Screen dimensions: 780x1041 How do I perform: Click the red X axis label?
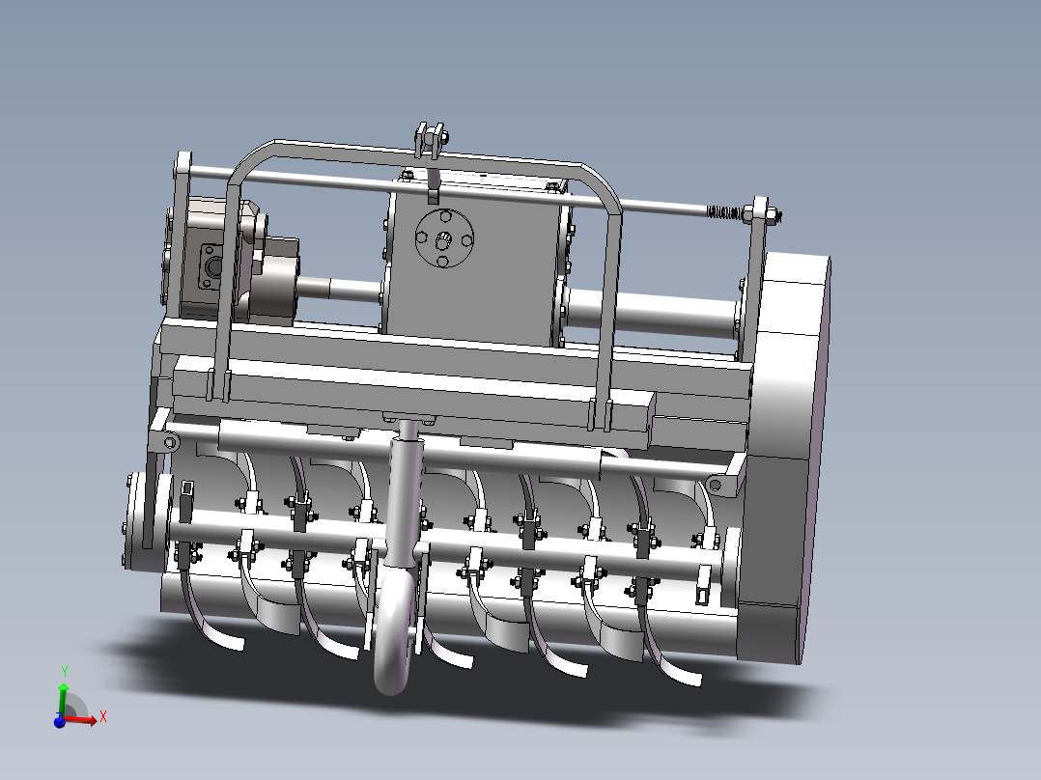pyautogui.click(x=102, y=715)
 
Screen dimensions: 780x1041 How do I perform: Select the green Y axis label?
pyautogui.click(x=64, y=669)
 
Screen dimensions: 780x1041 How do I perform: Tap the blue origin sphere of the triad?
pyautogui.click(x=59, y=721)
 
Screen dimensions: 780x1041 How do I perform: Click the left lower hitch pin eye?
pyautogui.click(x=169, y=443)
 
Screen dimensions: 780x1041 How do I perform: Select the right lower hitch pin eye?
pyautogui.click(x=716, y=484)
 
